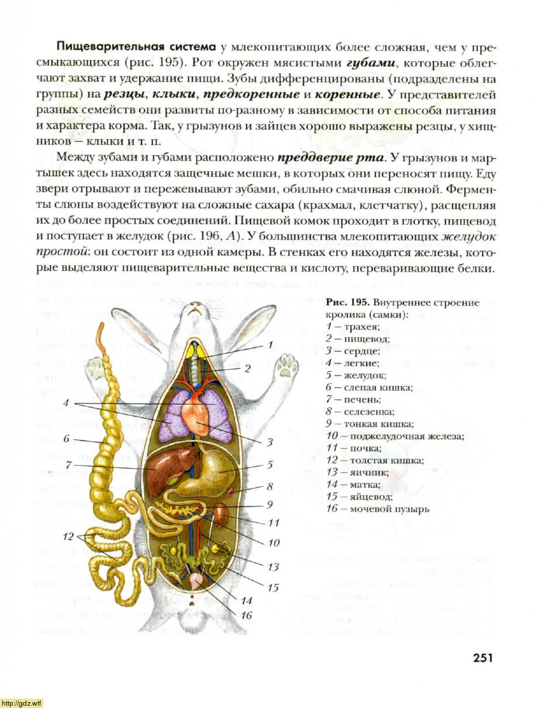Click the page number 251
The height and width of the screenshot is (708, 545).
pos(482,658)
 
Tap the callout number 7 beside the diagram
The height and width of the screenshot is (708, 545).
pos(68,465)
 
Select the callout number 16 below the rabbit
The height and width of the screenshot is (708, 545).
pos(246,615)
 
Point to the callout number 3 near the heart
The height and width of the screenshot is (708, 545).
pos(271,442)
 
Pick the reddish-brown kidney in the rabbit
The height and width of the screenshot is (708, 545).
pos(221,514)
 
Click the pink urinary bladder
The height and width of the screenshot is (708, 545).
pos(198,580)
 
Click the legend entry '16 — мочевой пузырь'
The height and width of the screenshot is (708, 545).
pos(378,508)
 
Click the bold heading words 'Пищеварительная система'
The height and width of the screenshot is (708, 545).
pos(136,46)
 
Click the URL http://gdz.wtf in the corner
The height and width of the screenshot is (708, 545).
pos(22,703)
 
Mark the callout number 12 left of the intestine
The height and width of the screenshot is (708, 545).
pos(68,537)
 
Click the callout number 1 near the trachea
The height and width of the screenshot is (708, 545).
pos(271,345)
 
